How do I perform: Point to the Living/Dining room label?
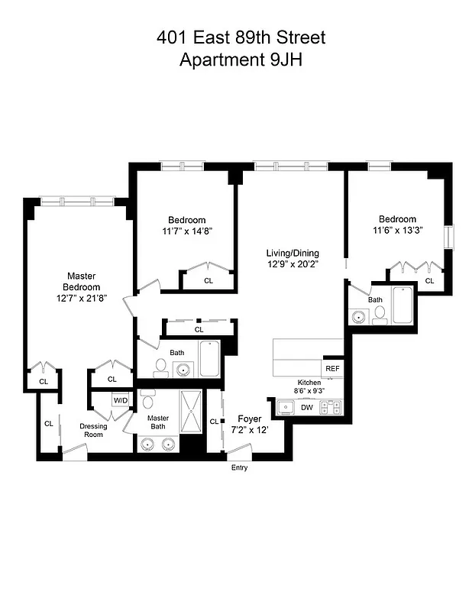(293, 254)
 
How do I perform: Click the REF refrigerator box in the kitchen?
(332, 368)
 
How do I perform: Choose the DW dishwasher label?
(306, 408)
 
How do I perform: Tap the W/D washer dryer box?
(121, 399)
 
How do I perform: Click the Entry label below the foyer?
(239, 468)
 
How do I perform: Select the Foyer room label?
(250, 419)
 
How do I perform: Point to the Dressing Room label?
(93, 431)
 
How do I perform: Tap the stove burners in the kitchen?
(332, 408)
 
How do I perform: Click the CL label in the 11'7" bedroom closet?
(209, 281)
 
